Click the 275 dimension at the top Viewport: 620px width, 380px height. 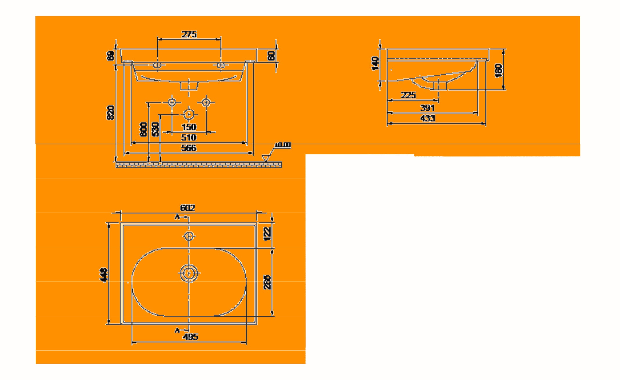click(x=189, y=35)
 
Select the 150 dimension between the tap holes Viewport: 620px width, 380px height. click(x=189, y=127)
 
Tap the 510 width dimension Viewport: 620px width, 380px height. click(x=189, y=137)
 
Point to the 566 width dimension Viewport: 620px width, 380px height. click(x=189, y=148)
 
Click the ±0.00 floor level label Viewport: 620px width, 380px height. click(x=283, y=145)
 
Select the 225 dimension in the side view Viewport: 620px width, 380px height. click(x=408, y=95)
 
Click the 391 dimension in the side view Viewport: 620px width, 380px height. click(x=427, y=108)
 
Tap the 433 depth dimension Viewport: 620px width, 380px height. click(x=427, y=118)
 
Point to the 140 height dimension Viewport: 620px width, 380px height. click(x=375, y=64)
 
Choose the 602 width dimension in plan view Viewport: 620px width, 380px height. click(x=188, y=208)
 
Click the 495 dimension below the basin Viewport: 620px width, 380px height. click(x=190, y=337)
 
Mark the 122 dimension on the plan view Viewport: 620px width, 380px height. click(x=267, y=234)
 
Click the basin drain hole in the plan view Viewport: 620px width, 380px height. click(x=189, y=273)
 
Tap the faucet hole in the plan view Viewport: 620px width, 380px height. click(x=189, y=236)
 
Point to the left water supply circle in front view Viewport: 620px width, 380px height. click(x=172, y=102)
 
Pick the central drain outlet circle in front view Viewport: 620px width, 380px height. click(x=189, y=114)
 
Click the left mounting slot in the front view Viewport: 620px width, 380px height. click(x=157, y=65)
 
